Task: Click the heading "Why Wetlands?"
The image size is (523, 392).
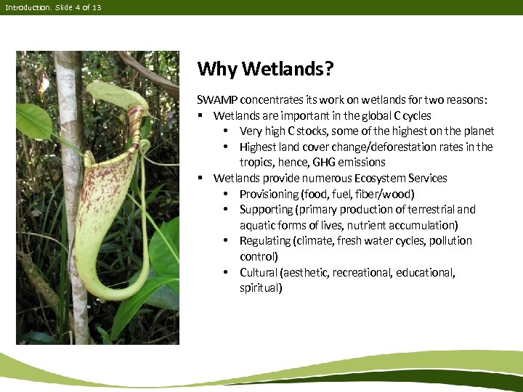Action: pyautogui.click(x=265, y=70)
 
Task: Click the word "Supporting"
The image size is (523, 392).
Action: pyautogui.click(x=266, y=210)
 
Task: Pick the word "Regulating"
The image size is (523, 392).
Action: pyautogui.click(x=265, y=241)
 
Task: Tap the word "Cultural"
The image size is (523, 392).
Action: pyautogui.click(x=259, y=273)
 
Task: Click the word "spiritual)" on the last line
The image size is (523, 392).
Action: pyautogui.click(x=261, y=288)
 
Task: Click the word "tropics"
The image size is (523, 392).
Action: pyautogui.click(x=256, y=163)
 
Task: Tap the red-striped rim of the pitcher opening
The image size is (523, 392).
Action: pyautogui.click(x=134, y=120)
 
